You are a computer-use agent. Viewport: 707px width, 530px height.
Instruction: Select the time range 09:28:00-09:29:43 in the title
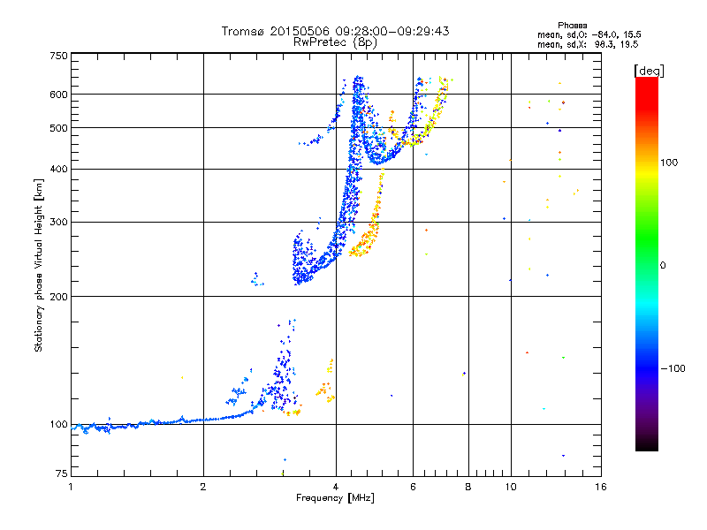click(x=392, y=31)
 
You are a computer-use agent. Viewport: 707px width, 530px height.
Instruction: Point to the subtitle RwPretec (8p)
click(x=335, y=42)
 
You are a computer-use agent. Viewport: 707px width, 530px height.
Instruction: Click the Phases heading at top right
click(x=572, y=26)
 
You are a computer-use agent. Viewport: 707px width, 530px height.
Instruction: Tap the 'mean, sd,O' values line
click(x=589, y=34)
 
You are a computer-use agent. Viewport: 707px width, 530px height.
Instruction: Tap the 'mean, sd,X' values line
click(x=588, y=44)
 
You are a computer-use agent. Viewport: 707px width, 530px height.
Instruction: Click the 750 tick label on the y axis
click(x=59, y=56)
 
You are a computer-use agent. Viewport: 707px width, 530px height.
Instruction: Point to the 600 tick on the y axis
click(x=59, y=95)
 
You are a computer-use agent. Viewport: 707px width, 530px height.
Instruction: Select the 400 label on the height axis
click(x=59, y=170)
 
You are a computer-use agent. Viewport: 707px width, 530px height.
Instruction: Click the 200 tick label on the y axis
click(x=59, y=297)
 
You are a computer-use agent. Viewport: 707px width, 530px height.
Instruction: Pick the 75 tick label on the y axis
click(x=62, y=473)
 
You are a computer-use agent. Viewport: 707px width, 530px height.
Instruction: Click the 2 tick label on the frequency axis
click(x=203, y=487)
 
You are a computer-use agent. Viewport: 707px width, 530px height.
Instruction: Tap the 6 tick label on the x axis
click(x=413, y=487)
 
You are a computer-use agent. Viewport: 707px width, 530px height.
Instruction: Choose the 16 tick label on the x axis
click(x=601, y=487)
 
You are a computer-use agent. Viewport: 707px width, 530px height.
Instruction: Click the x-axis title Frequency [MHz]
click(x=335, y=498)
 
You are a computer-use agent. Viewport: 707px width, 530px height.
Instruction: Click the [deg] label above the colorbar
click(x=649, y=71)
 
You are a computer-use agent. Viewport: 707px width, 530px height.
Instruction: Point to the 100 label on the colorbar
click(x=669, y=163)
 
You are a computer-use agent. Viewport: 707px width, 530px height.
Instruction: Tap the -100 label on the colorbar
click(x=673, y=368)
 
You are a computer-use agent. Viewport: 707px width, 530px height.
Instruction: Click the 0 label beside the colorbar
click(x=663, y=266)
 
